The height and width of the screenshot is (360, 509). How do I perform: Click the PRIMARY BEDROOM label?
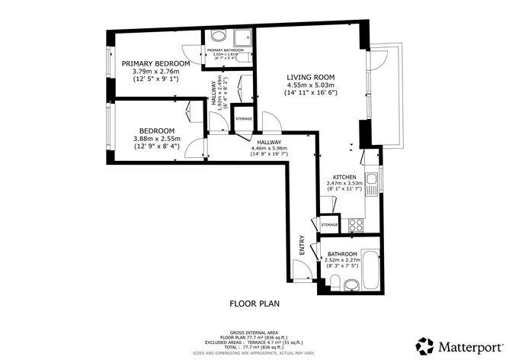coord(155,63)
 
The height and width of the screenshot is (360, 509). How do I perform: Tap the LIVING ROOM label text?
coord(310,77)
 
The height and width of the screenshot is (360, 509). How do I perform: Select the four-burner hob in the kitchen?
coord(354,226)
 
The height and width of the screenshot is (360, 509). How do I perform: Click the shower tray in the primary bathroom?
coord(242,38)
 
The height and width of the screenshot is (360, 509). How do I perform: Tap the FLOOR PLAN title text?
coord(254,304)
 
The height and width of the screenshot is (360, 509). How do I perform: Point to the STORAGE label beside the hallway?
coord(244,119)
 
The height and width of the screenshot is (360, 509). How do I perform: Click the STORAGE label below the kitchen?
coord(329,225)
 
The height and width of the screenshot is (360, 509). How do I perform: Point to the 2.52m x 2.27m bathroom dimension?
coord(342,260)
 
